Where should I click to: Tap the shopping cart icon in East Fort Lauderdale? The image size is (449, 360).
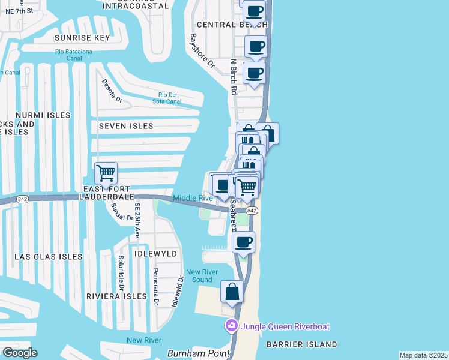[x=106, y=173]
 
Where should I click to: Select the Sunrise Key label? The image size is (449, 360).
[x=82, y=38]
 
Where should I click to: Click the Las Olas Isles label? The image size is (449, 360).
[x=48, y=257]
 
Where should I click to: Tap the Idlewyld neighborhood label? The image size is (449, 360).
[x=157, y=254]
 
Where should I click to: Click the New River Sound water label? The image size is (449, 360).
[x=199, y=276]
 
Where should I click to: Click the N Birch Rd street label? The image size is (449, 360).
[x=234, y=76]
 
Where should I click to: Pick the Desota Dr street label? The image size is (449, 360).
[x=112, y=91]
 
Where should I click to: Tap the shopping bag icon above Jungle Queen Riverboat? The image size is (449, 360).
[x=232, y=292]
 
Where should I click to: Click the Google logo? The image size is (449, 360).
[x=19, y=353]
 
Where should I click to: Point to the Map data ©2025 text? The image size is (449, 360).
[x=423, y=355]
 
